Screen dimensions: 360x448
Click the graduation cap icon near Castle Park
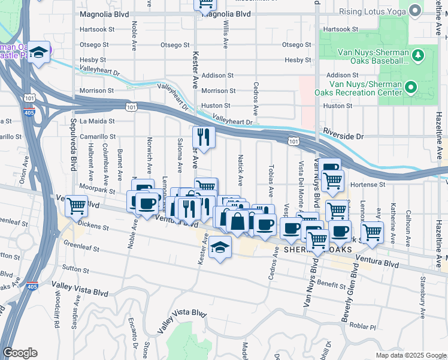point(39,53)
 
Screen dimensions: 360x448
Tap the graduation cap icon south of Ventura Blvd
point(220,247)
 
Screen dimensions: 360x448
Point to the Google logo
point(20,353)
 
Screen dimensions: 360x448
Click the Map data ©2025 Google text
point(410,355)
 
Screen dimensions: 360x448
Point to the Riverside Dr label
point(343,137)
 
